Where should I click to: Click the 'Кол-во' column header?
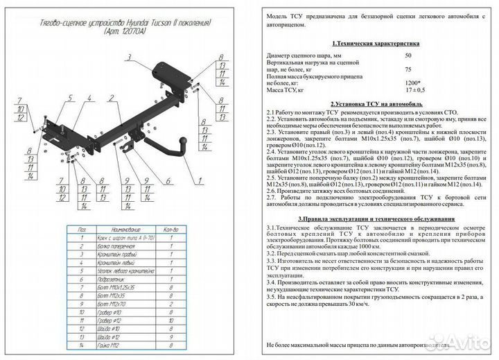coord(171,228)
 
